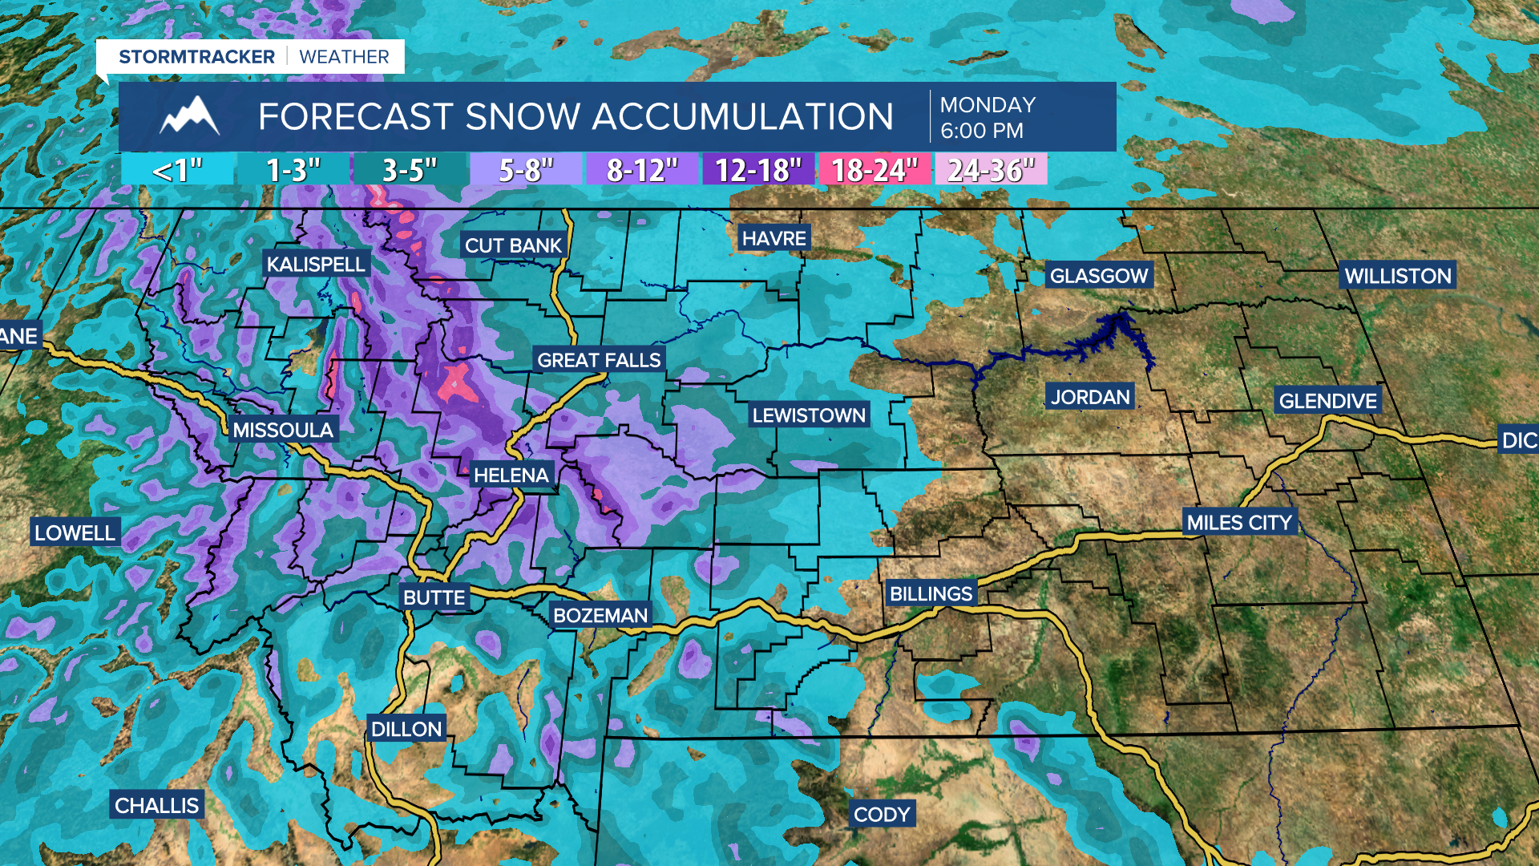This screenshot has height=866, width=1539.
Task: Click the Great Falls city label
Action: pos(599,360)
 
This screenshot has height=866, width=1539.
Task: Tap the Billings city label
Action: pos(931,594)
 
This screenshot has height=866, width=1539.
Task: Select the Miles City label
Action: pos(1239,523)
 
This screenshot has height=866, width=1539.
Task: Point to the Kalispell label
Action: pos(316,265)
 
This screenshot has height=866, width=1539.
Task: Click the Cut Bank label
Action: pos(513,245)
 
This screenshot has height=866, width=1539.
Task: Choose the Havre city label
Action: pos(774,238)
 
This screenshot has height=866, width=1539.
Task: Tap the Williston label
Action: pos(1398,276)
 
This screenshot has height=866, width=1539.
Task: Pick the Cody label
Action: pos(882,815)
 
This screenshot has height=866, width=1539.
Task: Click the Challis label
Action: pos(156,805)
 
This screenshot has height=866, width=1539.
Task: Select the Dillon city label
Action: pos(406,729)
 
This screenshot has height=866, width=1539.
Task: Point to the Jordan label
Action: pos(1090,397)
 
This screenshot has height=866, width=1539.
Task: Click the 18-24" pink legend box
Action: pos(874,170)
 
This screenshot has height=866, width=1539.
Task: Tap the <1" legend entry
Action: pos(177,170)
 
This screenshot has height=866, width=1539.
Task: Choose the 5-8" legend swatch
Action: pos(526,170)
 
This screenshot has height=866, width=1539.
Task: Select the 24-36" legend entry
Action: pos(991,170)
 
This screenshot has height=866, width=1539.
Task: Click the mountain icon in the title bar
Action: pos(189,116)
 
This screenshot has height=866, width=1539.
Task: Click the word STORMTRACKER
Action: pos(196,57)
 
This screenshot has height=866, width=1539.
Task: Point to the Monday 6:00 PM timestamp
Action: pos(988,117)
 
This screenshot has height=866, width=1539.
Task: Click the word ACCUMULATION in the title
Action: pos(743,117)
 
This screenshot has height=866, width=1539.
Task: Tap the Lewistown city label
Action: pos(809,415)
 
